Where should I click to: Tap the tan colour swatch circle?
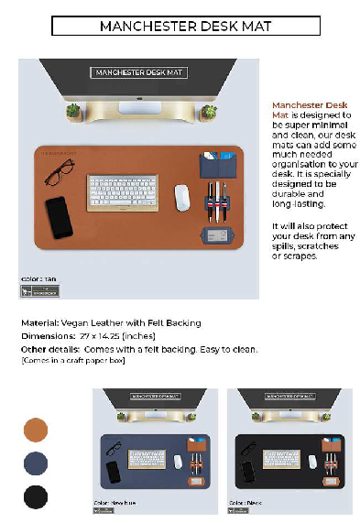pos(36,429)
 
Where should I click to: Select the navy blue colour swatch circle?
pos(36,463)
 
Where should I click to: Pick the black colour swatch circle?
pos(36,497)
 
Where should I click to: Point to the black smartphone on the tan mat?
pos(58,216)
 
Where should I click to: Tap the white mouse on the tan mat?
pos(182,196)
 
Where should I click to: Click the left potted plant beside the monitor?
pos(74,112)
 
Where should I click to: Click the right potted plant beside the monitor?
pos(210,112)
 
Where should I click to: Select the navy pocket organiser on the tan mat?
pos(217,167)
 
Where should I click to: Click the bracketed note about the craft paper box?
pos(72,360)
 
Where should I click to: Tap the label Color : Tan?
pos(38,278)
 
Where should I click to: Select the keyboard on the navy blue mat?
pos(147,459)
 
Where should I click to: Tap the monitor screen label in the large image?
pos(137,72)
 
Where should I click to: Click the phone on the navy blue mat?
pos(113,471)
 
